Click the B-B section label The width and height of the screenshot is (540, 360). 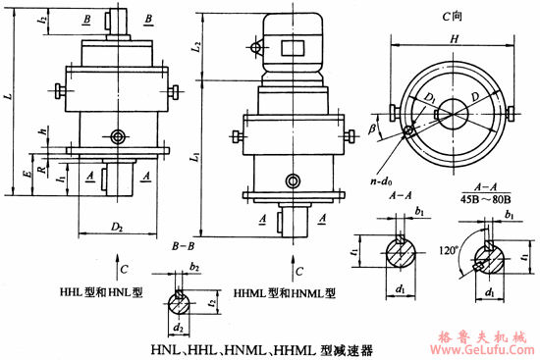tap(180, 246)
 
